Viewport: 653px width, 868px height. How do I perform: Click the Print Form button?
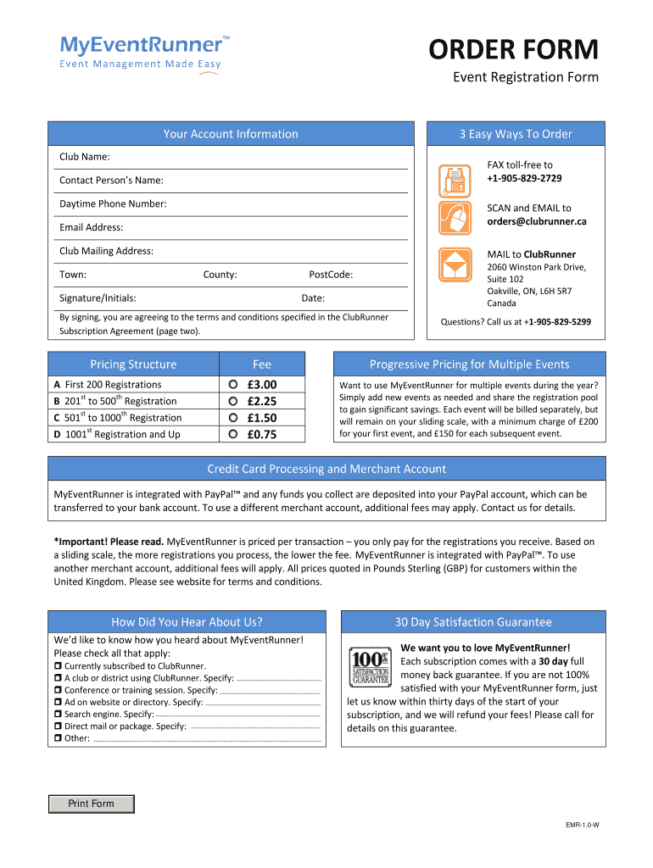(91, 804)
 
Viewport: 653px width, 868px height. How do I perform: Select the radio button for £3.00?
(233, 384)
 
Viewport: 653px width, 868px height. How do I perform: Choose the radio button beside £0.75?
(233, 435)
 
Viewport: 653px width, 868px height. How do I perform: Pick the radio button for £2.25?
(233, 401)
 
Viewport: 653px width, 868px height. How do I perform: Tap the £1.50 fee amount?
(262, 418)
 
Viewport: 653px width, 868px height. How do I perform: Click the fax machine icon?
(453, 180)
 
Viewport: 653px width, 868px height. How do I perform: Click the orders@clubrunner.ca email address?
(536, 221)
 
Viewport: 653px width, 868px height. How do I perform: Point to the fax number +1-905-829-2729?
(524, 178)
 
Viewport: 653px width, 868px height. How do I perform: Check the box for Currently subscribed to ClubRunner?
(58, 666)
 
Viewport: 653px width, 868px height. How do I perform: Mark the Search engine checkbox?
(58, 715)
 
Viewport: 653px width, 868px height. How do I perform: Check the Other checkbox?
(58, 738)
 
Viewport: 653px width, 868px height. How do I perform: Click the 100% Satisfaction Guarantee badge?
(370, 666)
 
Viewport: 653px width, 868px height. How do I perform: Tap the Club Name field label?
(84, 157)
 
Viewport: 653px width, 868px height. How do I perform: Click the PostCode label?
(331, 275)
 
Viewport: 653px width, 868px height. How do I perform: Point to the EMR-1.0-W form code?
(583, 826)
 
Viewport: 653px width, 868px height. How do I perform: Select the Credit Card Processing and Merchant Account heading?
(326, 469)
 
